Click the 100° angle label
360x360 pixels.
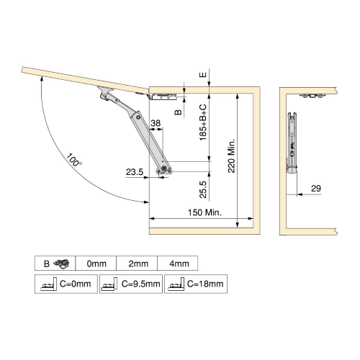(73, 160)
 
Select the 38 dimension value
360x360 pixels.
(156, 123)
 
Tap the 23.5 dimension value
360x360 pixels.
(135, 172)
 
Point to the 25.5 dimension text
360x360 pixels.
(203, 189)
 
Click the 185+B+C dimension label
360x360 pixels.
(203, 122)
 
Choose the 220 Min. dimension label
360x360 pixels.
(231, 156)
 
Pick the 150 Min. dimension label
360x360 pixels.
(204, 212)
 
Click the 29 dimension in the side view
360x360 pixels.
(316, 189)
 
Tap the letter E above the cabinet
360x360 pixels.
(203, 75)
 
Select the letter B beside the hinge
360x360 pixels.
(178, 112)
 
